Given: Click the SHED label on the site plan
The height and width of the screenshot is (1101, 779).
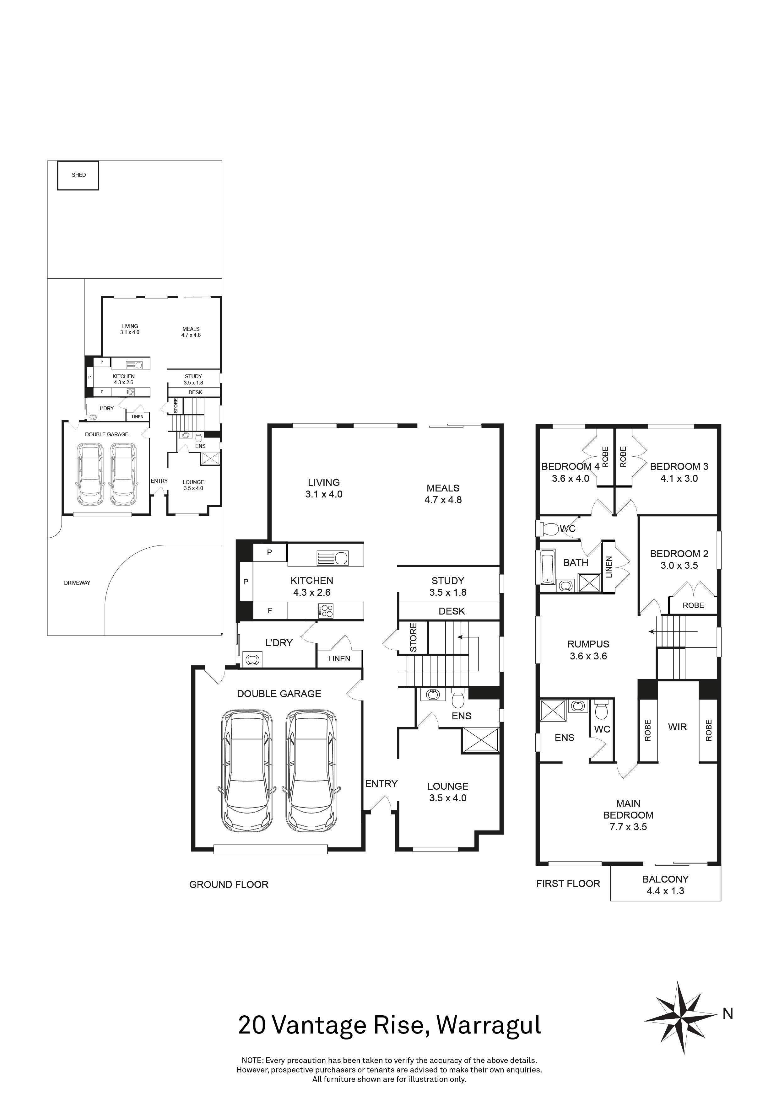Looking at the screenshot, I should tap(79, 175).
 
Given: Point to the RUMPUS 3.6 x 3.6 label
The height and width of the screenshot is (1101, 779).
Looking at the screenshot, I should tap(588, 650).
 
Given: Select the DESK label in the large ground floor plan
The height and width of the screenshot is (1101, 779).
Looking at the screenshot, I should tap(452, 611).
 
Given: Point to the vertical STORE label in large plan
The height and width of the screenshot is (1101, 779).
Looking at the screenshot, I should tap(413, 638).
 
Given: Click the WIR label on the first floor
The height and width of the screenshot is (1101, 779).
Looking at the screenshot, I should tap(677, 727).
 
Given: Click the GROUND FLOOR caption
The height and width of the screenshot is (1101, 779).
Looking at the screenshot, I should tap(229, 884).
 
